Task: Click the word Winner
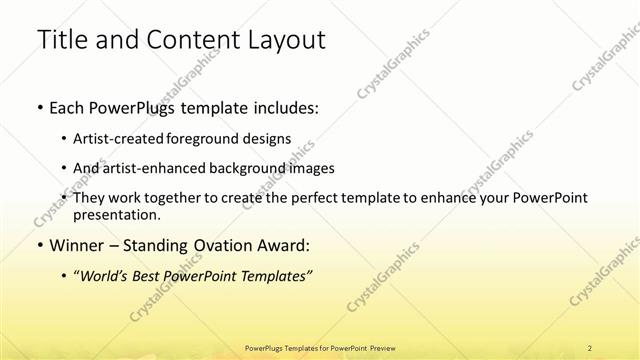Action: [72, 245]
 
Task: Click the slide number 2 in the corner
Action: [591, 347]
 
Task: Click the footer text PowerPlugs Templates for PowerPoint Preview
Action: [320, 347]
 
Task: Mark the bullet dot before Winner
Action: [38, 246]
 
